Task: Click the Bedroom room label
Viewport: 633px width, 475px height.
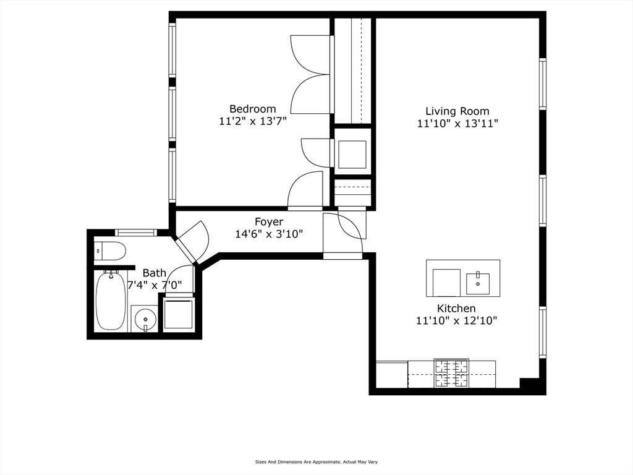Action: coord(252,109)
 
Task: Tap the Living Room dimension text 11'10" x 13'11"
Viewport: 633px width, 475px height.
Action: coord(457,124)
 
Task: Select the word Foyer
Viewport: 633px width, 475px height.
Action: coord(269,221)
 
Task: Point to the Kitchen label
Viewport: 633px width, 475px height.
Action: coord(456,308)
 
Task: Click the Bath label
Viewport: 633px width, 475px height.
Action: coord(155,273)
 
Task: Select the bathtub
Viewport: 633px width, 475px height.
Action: coord(111,301)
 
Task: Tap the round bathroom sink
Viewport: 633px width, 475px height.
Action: coord(145,319)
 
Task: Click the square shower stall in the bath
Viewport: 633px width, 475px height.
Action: coord(179,314)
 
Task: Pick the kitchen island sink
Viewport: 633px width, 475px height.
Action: coord(478,283)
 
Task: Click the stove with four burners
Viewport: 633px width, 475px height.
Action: coord(451,374)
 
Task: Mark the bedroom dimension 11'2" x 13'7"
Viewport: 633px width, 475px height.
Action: coord(252,122)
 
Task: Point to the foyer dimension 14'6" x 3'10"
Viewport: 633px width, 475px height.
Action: coord(269,234)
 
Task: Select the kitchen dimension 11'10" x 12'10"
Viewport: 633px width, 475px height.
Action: coord(456,321)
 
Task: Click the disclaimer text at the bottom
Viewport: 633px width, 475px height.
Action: coord(316,461)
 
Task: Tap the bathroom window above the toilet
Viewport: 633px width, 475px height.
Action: coord(135,233)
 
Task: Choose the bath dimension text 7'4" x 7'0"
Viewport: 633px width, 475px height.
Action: coord(155,286)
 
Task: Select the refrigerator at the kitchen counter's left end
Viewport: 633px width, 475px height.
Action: coord(392,375)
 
